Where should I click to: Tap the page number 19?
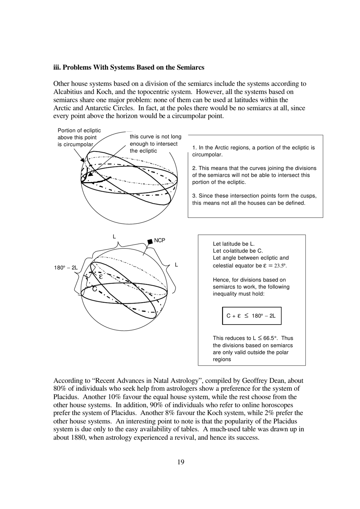pos(181,462)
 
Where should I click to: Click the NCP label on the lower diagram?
pos(160,240)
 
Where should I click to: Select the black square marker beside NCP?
pos(150,242)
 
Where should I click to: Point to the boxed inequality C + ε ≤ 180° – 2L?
pos(252,316)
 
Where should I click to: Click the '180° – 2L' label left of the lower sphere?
pos(66,268)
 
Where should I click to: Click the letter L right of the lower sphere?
pos(176,265)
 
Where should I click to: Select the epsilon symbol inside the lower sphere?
pos(101,276)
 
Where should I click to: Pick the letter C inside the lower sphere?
pos(95,289)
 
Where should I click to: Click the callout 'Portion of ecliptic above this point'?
pos(79,134)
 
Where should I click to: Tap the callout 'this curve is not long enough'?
pos(155,140)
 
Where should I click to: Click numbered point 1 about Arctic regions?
pos(253,151)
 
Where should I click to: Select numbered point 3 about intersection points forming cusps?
pos(254,199)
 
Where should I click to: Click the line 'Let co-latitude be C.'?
pos(238,251)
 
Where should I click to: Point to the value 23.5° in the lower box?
pos(280,265)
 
